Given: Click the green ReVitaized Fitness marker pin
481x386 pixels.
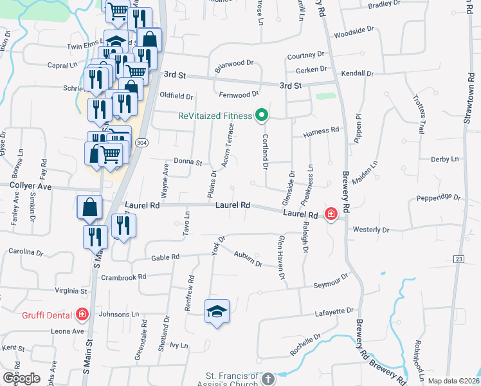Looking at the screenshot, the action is point(261,116).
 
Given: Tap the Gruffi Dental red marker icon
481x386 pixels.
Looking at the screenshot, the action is point(82,314).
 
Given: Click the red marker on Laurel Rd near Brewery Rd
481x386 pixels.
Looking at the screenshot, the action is point(331,214).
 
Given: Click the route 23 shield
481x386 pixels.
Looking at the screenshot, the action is point(458,259).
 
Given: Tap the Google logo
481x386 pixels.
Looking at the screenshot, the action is point(21,378).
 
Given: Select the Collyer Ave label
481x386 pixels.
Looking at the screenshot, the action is point(30,186).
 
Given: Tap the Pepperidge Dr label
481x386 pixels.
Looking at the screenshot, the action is point(439,198).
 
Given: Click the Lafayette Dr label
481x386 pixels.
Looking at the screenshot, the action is point(334,311).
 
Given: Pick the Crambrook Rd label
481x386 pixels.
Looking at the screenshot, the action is point(124,277).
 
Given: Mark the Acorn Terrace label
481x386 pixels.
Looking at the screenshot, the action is point(228,147).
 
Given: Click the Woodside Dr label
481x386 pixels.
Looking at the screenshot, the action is point(354,31).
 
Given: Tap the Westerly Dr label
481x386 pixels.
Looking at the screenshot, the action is point(371,230).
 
